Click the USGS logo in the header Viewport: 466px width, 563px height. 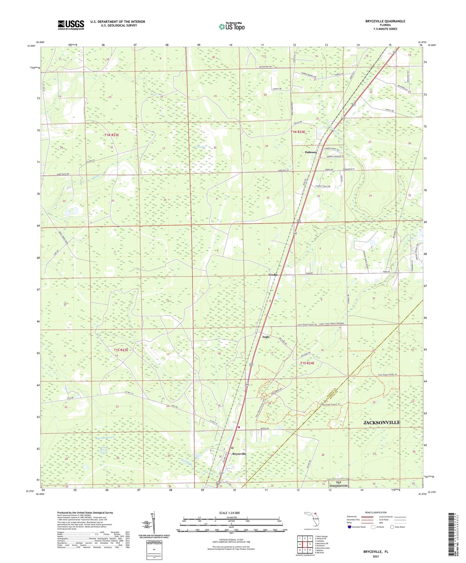[71, 25]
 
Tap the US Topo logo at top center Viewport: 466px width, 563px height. [232, 26]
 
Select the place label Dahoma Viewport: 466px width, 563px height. [311, 152]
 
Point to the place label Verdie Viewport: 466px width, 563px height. [273, 275]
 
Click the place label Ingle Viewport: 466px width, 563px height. [266, 337]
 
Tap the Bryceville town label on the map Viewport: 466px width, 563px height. [239, 454]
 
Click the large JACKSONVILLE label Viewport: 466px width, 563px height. [382, 422]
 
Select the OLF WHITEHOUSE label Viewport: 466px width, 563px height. [338, 484]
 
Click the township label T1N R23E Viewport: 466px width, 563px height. [112, 135]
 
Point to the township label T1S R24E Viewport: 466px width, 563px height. [307, 363]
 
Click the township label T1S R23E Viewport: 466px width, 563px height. [121, 350]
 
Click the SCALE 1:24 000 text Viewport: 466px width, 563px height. [229, 513]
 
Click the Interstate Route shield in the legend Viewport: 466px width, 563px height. [350, 527]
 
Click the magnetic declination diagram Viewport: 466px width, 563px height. [153, 524]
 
